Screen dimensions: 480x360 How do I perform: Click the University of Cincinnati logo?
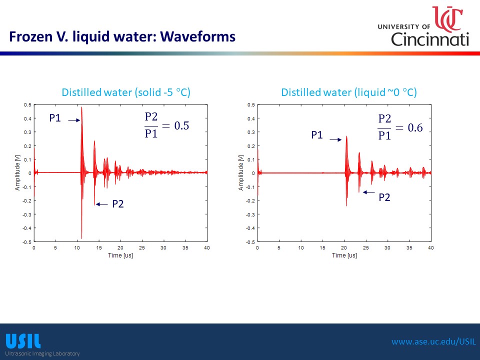[x=423, y=26]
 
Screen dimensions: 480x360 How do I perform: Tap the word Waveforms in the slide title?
[x=198, y=36]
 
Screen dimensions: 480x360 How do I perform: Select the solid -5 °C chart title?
[x=126, y=92]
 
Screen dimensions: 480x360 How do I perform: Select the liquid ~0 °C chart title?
[x=349, y=92]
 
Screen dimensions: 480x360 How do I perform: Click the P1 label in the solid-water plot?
[x=55, y=118]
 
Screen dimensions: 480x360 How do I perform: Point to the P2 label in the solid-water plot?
[x=118, y=204]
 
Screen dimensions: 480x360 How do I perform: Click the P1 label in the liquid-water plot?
[x=317, y=135]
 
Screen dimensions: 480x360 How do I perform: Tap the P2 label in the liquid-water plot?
[x=384, y=197]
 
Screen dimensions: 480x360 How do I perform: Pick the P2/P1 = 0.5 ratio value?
[x=167, y=125]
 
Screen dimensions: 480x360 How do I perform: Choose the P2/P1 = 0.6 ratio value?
[x=400, y=127]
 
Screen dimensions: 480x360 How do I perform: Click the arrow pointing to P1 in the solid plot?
[x=74, y=120]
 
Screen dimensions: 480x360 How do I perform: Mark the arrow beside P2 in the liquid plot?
[x=369, y=192]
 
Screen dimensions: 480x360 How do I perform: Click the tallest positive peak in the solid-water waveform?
[x=81, y=107]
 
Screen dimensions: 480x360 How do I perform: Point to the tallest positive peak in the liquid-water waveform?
[x=346, y=136]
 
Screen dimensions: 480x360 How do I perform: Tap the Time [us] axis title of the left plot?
[x=120, y=255]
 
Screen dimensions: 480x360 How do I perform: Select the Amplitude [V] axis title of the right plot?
[x=241, y=173]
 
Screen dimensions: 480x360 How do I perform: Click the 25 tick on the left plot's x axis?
[x=141, y=247]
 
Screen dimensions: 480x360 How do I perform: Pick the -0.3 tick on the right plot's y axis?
[x=251, y=214]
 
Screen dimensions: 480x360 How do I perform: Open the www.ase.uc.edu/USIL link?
[x=434, y=341]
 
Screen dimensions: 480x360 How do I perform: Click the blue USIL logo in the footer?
[x=23, y=341]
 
